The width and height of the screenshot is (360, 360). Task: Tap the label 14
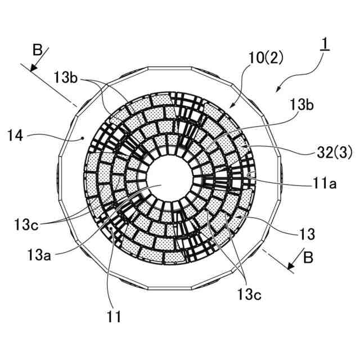click(16, 135)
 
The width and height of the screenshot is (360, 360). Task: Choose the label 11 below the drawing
click(114, 316)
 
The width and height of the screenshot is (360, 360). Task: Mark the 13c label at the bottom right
click(250, 294)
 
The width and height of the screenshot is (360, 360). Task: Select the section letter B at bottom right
click(308, 258)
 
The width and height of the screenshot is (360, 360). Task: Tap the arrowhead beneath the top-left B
click(34, 69)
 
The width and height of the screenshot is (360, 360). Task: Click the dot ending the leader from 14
click(83, 137)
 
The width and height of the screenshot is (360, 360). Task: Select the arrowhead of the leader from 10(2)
click(231, 106)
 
